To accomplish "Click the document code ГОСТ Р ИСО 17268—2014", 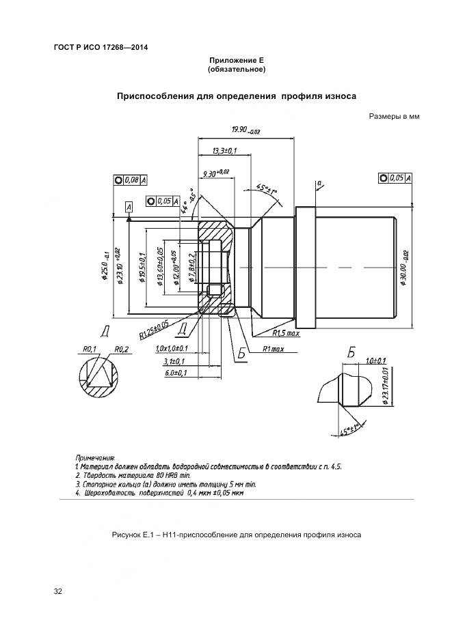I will (101, 47).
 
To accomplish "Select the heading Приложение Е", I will (236, 61).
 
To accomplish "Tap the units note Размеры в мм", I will (393, 116).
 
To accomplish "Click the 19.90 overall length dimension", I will (245, 130).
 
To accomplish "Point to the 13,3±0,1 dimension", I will (224, 150).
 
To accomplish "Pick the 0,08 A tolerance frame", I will (130, 180).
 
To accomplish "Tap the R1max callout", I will (272, 349).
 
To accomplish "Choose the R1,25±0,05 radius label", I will (155, 330).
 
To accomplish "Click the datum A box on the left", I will (128, 205).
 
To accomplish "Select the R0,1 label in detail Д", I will (88, 349).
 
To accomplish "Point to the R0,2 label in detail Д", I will (122, 349).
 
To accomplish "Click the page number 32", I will (58, 591).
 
